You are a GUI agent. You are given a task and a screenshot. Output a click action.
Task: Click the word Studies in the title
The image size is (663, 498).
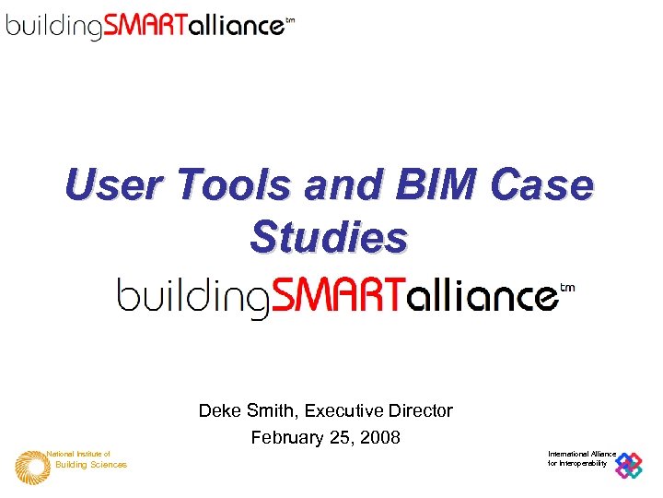tap(328, 237)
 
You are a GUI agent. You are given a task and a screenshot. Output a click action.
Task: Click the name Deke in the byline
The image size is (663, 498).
tap(219, 410)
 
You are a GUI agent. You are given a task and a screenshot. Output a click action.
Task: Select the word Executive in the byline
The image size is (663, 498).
tap(343, 410)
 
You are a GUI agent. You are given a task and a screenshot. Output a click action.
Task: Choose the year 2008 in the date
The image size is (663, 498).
tap(380, 438)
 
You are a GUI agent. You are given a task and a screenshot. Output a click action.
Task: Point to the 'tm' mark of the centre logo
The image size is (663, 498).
tap(567, 288)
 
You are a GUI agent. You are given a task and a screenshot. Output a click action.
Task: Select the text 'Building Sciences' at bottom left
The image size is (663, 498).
tap(91, 465)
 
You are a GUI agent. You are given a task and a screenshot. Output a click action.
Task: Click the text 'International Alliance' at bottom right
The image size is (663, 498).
tap(582, 454)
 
